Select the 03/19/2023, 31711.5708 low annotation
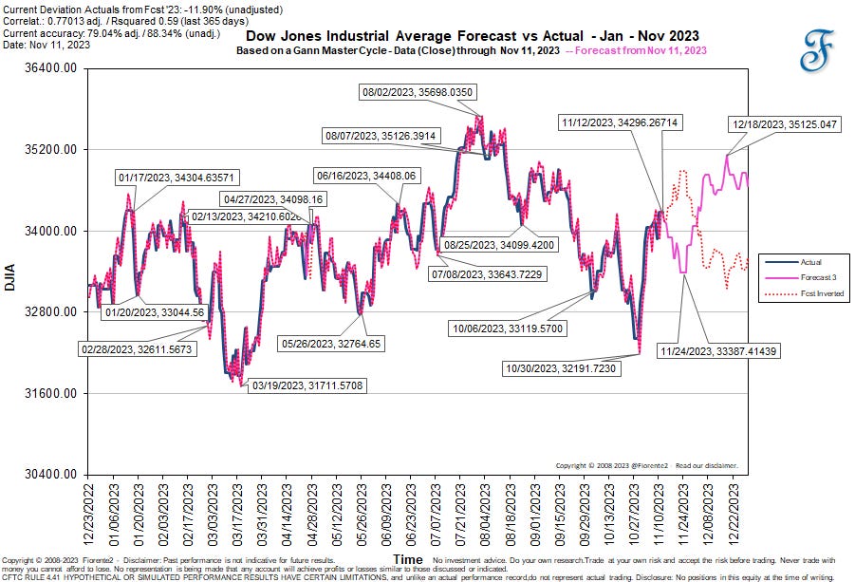pos(306,385)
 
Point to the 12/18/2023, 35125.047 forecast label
pos(784,124)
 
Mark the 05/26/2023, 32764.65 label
pos(330,343)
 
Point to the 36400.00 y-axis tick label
pos(51,68)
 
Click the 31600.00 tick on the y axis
pos(51,393)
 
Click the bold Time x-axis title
pos(408,560)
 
